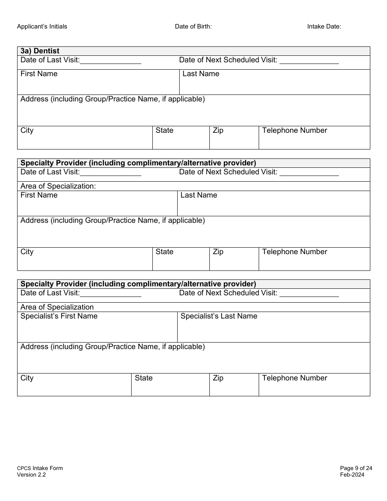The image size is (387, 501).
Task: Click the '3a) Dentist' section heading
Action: [x=40, y=51]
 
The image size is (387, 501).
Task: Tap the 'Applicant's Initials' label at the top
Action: [x=42, y=26]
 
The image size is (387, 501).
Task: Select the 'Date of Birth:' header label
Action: [x=193, y=26]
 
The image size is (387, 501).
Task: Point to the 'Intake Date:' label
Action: [x=324, y=26]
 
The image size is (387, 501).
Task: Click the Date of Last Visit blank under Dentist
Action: [x=111, y=61]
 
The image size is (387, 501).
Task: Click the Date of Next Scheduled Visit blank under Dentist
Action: [x=309, y=61]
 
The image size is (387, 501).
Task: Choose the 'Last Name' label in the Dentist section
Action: [x=201, y=74]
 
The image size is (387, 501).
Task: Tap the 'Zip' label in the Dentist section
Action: [x=218, y=130]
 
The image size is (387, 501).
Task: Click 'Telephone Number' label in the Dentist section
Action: [x=295, y=130]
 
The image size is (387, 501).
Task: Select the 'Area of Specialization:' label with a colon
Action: [x=58, y=186]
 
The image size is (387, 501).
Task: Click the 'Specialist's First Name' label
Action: [x=59, y=316]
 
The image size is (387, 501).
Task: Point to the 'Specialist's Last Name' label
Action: [x=219, y=316]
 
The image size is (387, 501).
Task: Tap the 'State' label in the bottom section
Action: [x=144, y=378]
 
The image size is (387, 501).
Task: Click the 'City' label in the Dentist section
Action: [x=27, y=130]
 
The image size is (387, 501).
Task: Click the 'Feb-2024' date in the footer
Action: [x=352, y=475]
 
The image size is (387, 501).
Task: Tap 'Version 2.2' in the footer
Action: [x=31, y=475]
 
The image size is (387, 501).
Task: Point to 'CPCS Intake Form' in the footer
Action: [x=40, y=468]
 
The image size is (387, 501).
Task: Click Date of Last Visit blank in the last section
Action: [x=111, y=294]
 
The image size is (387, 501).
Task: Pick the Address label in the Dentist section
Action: [x=112, y=99]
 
